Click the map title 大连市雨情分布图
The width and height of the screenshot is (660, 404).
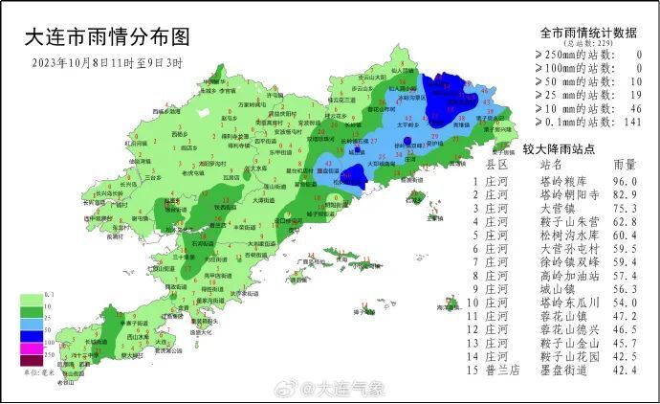106,37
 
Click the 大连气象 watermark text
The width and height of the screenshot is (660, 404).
350,389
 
